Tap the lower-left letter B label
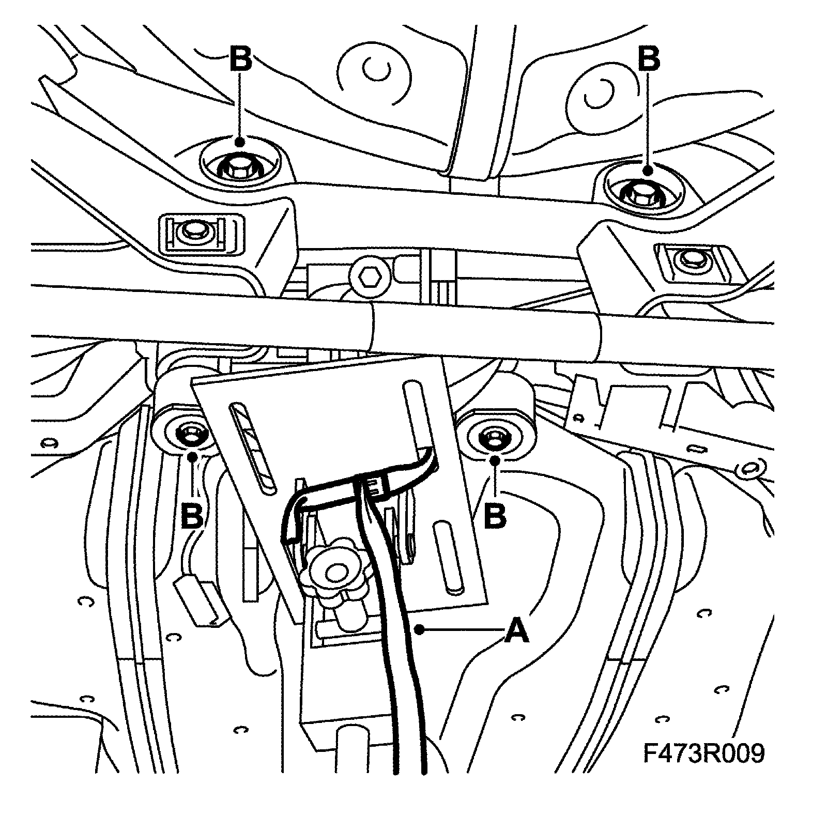point(192,515)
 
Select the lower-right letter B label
point(495,515)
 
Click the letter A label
point(517,630)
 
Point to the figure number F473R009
point(703,753)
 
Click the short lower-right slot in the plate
point(448,557)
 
